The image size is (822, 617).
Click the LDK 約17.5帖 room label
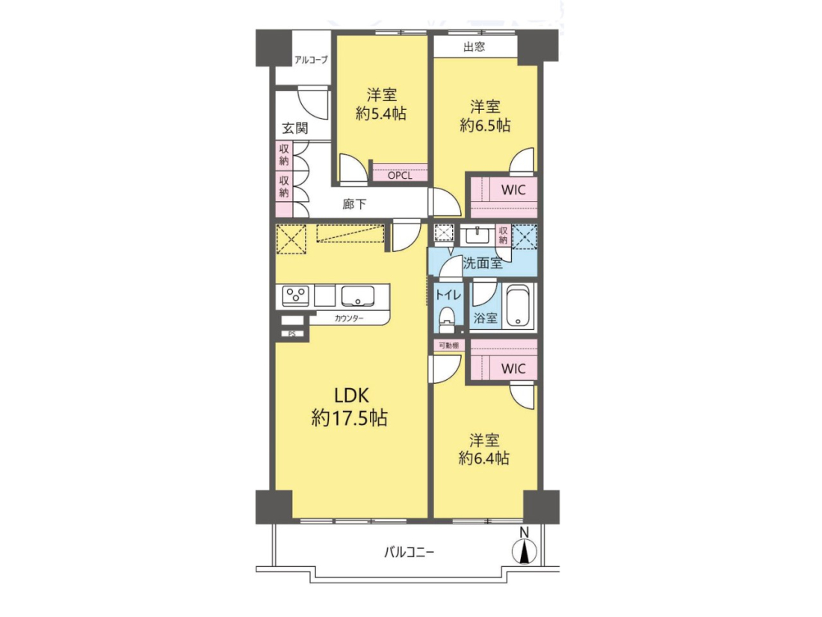coord(350,407)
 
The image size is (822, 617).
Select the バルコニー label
coord(410,552)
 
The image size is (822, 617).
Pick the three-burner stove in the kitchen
coord(296,295)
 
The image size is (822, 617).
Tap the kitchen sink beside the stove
coord(358,295)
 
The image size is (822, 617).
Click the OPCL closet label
coord(400,176)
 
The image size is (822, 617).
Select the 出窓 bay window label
coord(475,46)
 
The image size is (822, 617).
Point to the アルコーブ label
coord(311,60)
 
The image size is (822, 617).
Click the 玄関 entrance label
coord(295,128)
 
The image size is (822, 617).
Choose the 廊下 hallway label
coord(354,204)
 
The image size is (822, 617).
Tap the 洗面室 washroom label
coord(483,263)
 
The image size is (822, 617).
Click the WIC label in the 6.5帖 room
coord(513,190)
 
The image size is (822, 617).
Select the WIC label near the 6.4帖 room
coord(513,368)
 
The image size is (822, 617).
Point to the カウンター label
coord(349,318)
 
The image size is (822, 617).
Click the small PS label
coord(292,334)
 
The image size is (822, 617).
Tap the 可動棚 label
coord(448,346)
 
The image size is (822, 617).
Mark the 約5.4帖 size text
coord(381,114)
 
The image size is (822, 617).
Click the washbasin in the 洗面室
coord(478,235)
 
